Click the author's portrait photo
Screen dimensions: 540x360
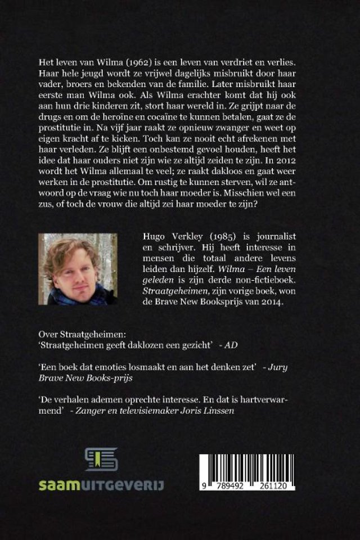click(78, 269)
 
